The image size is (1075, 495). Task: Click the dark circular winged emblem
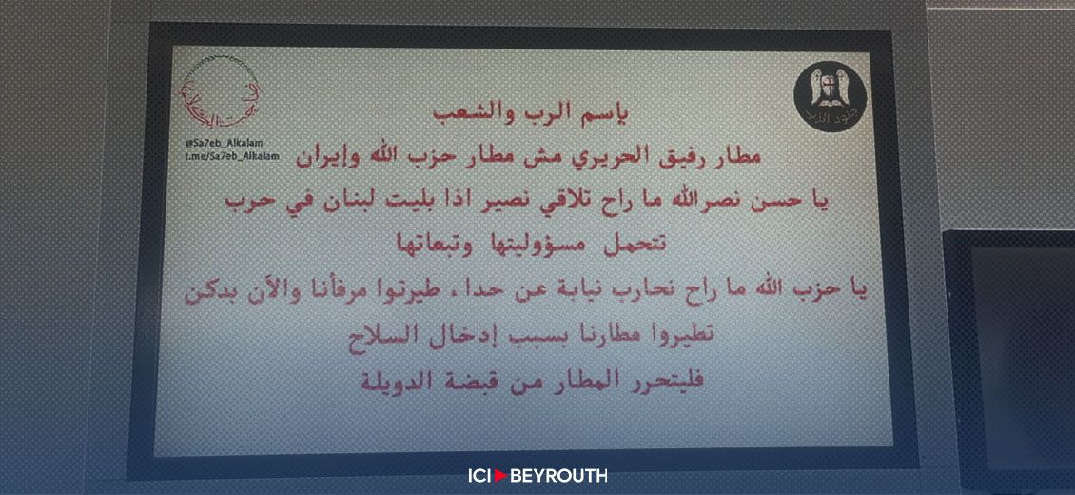[823, 94]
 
